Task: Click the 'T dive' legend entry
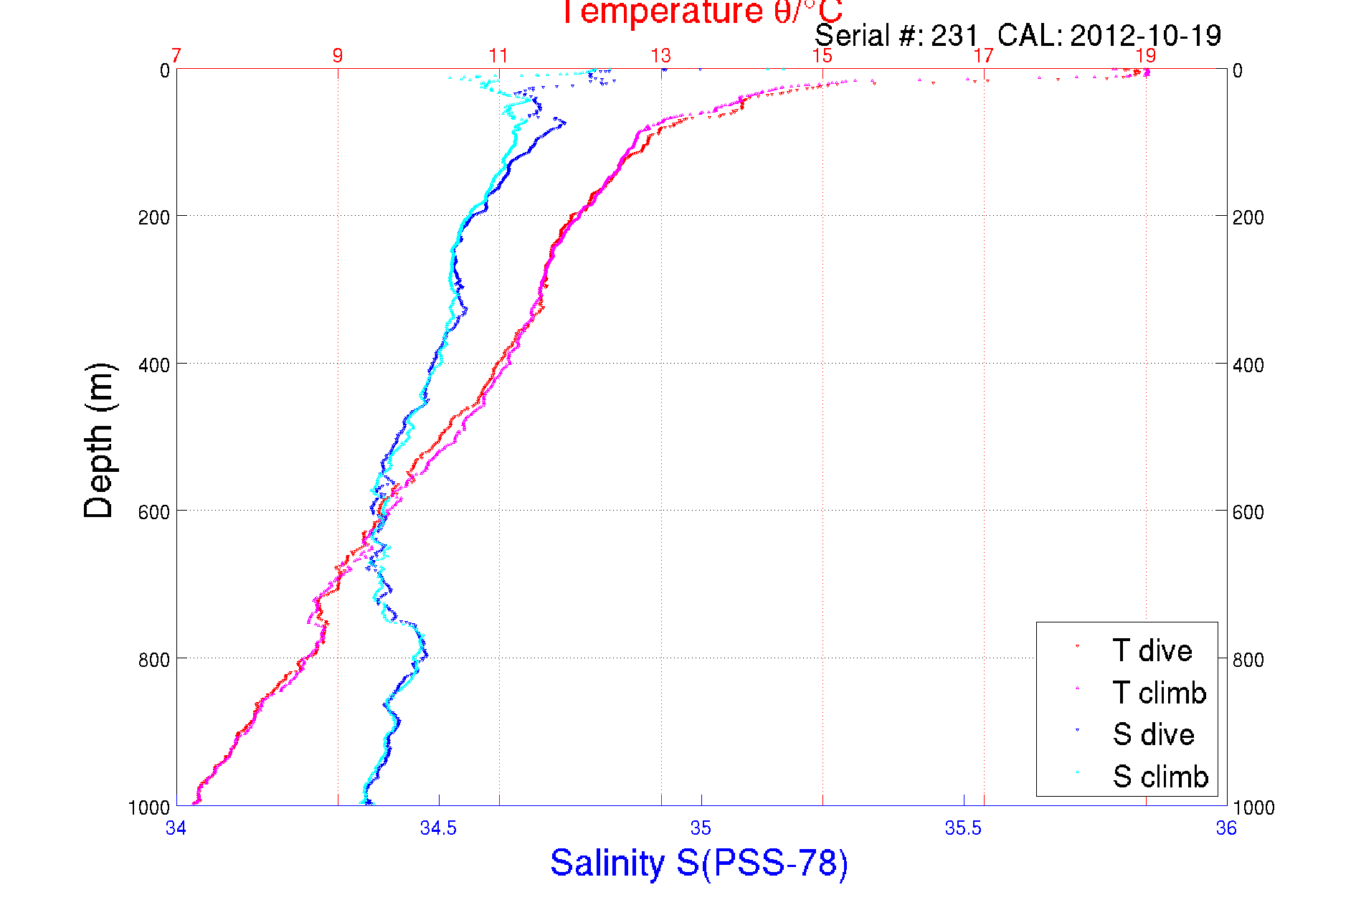coord(1152,650)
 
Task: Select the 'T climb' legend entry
coord(1159,693)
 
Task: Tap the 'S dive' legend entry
coord(1153,734)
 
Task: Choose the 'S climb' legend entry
coord(1160,777)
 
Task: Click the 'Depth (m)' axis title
coord(99,440)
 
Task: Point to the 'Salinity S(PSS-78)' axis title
coord(699,862)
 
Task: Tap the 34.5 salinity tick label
coord(438,828)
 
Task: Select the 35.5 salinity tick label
coord(963,828)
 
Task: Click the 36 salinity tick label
coord(1226,828)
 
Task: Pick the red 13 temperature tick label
coord(660,56)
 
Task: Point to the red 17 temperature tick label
coord(984,56)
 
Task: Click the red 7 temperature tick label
coord(176,56)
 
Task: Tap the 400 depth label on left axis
coord(154,365)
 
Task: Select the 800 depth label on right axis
coord(1248,660)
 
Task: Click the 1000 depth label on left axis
coord(149,807)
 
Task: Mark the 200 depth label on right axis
coord(1248,217)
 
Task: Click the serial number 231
coord(954,35)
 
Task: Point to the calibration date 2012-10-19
coord(1145,35)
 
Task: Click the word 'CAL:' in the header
coord(1029,35)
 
